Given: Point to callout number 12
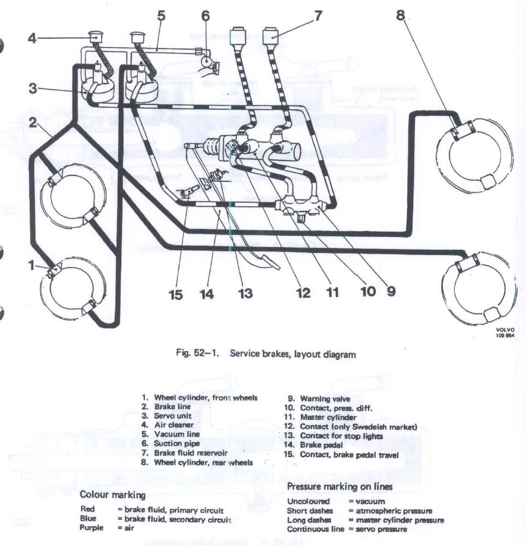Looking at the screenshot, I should coord(303,293).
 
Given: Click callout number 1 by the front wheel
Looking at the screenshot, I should coord(32,265).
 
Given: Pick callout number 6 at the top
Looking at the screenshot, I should coord(206,15).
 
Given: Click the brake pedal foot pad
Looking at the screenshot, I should coord(270,262).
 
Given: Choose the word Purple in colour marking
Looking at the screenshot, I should coord(91,528).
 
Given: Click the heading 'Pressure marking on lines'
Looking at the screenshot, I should coord(339,486).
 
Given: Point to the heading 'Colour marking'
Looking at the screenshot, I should coord(113,495).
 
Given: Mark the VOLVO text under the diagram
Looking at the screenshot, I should coord(502,330).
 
